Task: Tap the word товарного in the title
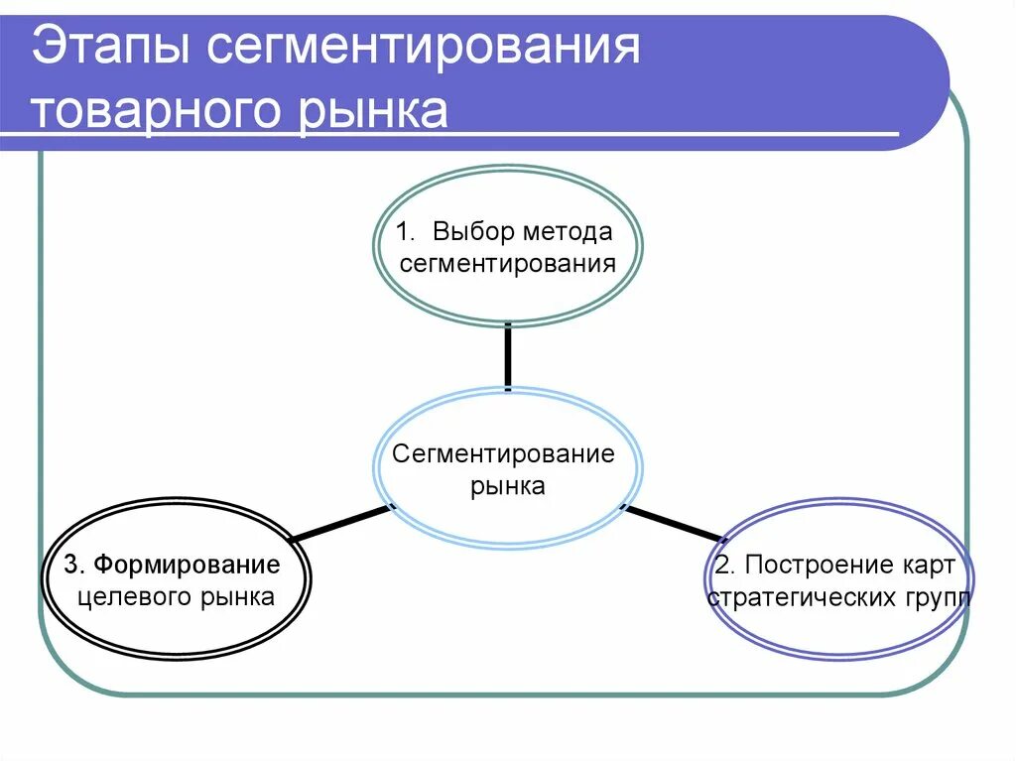[x=155, y=111]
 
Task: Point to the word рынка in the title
[x=372, y=111]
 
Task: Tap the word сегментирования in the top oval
[x=508, y=264]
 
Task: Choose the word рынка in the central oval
[x=508, y=486]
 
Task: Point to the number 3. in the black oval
[x=74, y=566]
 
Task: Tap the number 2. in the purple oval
[x=724, y=566]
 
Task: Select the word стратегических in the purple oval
[x=801, y=598]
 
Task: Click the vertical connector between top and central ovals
[x=508, y=354]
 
